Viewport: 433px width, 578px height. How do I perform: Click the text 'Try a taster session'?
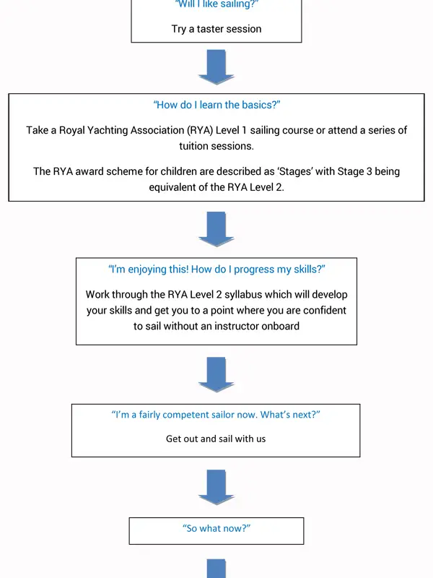[x=216, y=29]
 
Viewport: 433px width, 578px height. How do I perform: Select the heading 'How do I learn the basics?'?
[x=216, y=105]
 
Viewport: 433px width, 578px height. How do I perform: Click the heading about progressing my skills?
[x=216, y=269]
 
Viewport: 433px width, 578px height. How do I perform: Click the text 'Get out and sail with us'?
[x=216, y=439]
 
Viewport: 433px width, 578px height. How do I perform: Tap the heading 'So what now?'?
[x=216, y=528]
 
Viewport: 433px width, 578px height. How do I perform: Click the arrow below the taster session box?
[x=216, y=67]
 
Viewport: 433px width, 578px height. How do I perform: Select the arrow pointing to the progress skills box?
[x=216, y=229]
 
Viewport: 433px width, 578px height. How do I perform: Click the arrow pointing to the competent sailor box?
[x=216, y=374]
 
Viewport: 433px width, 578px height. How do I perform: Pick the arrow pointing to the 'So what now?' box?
[x=216, y=487]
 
